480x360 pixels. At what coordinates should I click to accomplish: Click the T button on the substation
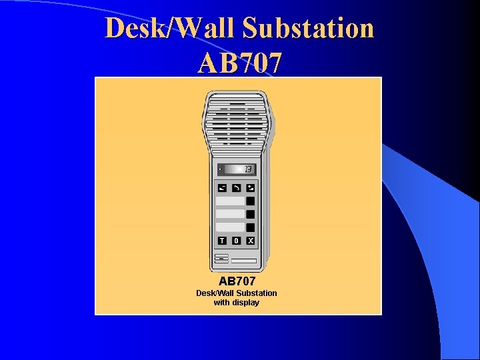[x=222, y=241]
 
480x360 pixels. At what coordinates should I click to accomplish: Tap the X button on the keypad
[x=251, y=241]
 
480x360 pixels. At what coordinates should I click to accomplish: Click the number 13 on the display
[x=247, y=169]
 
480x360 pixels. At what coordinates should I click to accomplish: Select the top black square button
[x=251, y=201]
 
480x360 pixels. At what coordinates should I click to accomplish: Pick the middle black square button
[x=251, y=214]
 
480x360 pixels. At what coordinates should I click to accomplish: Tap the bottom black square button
[x=251, y=227]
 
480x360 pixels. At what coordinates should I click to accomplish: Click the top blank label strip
[x=230, y=201]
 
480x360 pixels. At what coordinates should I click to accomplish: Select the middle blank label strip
[x=230, y=214]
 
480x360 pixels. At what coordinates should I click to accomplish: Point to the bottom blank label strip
[x=230, y=227]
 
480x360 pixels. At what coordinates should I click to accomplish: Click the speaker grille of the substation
[x=236, y=120]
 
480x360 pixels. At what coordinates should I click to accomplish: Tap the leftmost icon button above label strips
[x=222, y=188]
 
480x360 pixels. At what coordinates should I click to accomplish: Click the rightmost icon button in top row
[x=251, y=188]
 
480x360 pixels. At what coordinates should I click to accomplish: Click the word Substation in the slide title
[x=308, y=29]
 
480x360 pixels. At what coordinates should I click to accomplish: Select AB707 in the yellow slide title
[x=240, y=63]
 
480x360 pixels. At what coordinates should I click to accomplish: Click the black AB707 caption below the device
[x=237, y=281]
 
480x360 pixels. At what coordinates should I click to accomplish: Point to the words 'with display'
[x=237, y=303]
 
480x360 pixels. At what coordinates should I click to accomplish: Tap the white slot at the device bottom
[x=244, y=261]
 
